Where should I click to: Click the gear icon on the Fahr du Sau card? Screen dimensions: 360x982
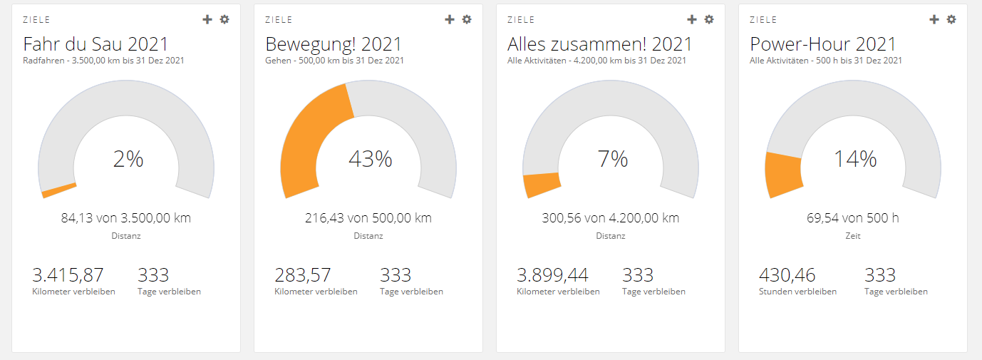pyautogui.click(x=224, y=19)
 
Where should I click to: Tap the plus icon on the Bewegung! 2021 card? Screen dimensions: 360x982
pyautogui.click(x=450, y=19)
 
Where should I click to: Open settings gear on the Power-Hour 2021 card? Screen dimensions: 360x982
pyautogui.click(x=951, y=19)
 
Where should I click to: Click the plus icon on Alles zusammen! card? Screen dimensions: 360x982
pyautogui.click(x=692, y=19)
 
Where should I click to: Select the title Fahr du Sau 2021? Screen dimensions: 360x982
pyautogui.click(x=95, y=43)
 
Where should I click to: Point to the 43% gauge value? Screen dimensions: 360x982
pyautogui.click(x=370, y=159)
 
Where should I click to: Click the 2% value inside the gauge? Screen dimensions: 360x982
pyautogui.click(x=128, y=159)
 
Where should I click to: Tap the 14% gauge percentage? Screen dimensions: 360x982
pyautogui.click(x=855, y=159)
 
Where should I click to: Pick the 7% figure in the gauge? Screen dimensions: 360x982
pyautogui.click(x=613, y=159)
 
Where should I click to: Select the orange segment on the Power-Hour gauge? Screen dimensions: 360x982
pyautogui.click(x=782, y=174)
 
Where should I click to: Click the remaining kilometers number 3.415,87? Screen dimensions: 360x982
pyautogui.click(x=68, y=274)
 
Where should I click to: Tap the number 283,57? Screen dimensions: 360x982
pyautogui.click(x=303, y=274)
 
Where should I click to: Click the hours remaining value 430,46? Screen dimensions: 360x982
pyautogui.click(x=787, y=274)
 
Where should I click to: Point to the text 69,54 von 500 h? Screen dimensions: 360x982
pyautogui.click(x=853, y=217)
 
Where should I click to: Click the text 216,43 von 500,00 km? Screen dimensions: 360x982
pyautogui.click(x=368, y=217)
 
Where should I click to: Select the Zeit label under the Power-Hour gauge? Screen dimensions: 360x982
pyautogui.click(x=853, y=235)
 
